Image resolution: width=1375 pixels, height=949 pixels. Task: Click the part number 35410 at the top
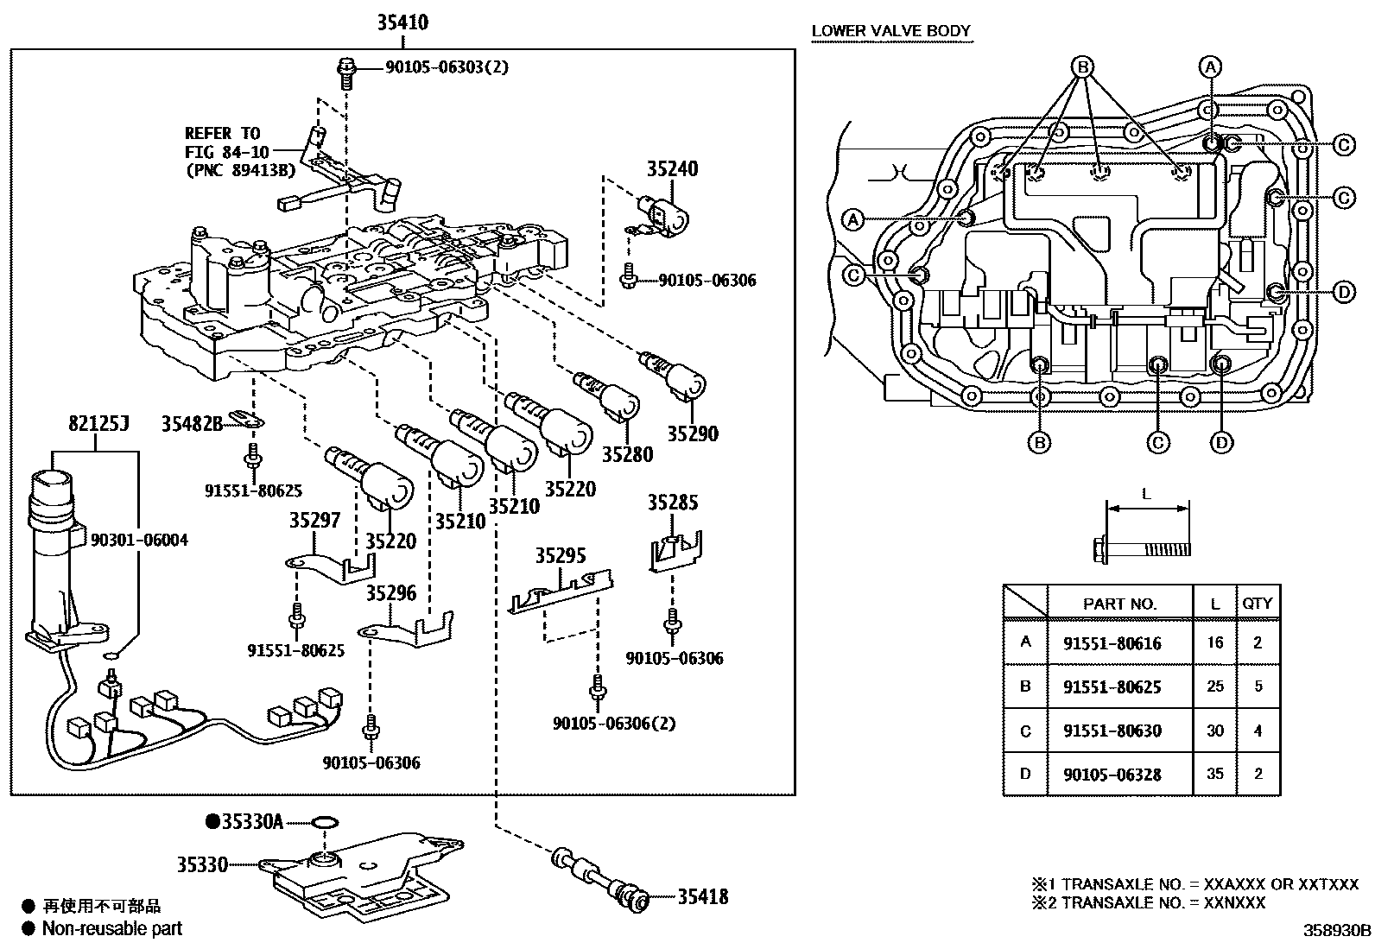(402, 22)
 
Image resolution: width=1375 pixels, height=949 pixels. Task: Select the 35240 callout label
(673, 168)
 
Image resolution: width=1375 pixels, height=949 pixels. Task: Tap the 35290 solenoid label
(692, 433)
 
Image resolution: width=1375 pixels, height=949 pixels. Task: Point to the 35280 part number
(628, 454)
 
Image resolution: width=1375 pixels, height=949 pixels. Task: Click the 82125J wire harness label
(98, 423)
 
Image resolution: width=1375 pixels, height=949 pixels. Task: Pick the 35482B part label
(192, 423)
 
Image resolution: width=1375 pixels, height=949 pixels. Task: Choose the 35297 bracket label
(314, 520)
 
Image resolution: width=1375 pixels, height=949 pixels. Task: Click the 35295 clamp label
(560, 555)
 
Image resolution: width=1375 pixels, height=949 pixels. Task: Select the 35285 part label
(673, 503)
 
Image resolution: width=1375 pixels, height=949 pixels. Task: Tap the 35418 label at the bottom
(702, 897)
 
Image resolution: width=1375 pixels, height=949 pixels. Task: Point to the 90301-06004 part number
(139, 540)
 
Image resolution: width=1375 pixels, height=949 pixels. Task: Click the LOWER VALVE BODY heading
(891, 32)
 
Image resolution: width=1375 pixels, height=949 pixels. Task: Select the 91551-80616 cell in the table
(1112, 643)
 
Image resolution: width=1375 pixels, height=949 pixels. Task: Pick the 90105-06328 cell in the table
(1112, 775)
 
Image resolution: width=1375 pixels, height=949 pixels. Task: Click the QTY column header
(1258, 604)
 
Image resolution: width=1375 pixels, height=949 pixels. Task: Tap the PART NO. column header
(1119, 604)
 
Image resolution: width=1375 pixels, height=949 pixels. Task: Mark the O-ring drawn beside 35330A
(323, 821)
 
